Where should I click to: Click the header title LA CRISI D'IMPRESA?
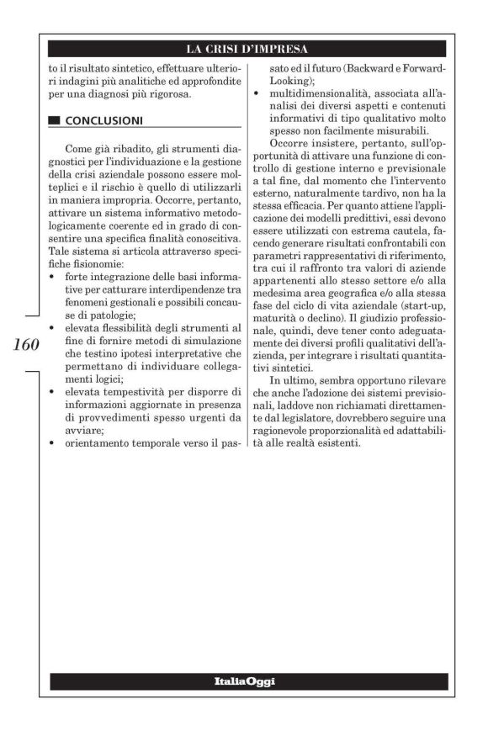(x=247, y=48)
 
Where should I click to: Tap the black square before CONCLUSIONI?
(x=55, y=120)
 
